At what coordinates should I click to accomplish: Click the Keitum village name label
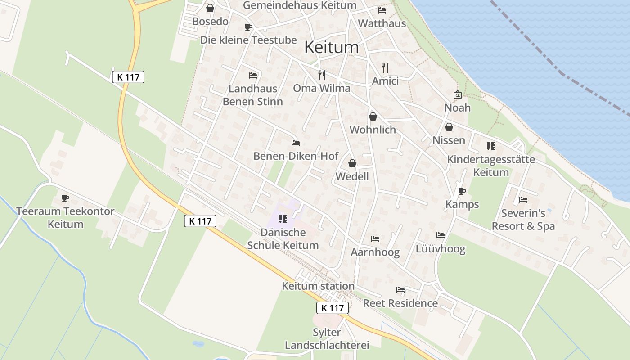point(332,47)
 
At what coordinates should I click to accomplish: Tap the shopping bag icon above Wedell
point(352,163)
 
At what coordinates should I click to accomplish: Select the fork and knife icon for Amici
point(385,68)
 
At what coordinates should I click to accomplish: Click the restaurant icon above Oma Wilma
point(322,75)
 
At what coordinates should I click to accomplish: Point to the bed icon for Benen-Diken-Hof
point(295,143)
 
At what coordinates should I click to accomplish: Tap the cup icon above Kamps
point(462,191)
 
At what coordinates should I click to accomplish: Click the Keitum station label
point(318,286)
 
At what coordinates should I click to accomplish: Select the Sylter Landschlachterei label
point(327,339)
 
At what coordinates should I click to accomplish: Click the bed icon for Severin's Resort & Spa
point(523,199)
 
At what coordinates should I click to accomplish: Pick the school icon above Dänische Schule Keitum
point(283,219)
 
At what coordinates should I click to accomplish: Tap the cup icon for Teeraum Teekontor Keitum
point(65,198)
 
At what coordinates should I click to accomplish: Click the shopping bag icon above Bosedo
point(210,8)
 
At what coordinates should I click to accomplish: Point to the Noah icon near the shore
point(457,94)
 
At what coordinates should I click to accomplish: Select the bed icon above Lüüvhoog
point(440,235)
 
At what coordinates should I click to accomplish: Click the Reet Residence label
point(400,303)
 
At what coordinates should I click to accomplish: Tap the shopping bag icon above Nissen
point(449,127)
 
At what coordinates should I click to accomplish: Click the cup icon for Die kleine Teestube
point(248,27)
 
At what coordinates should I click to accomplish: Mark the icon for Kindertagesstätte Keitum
point(490,146)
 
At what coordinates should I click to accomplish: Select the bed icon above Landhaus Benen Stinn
point(253,75)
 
